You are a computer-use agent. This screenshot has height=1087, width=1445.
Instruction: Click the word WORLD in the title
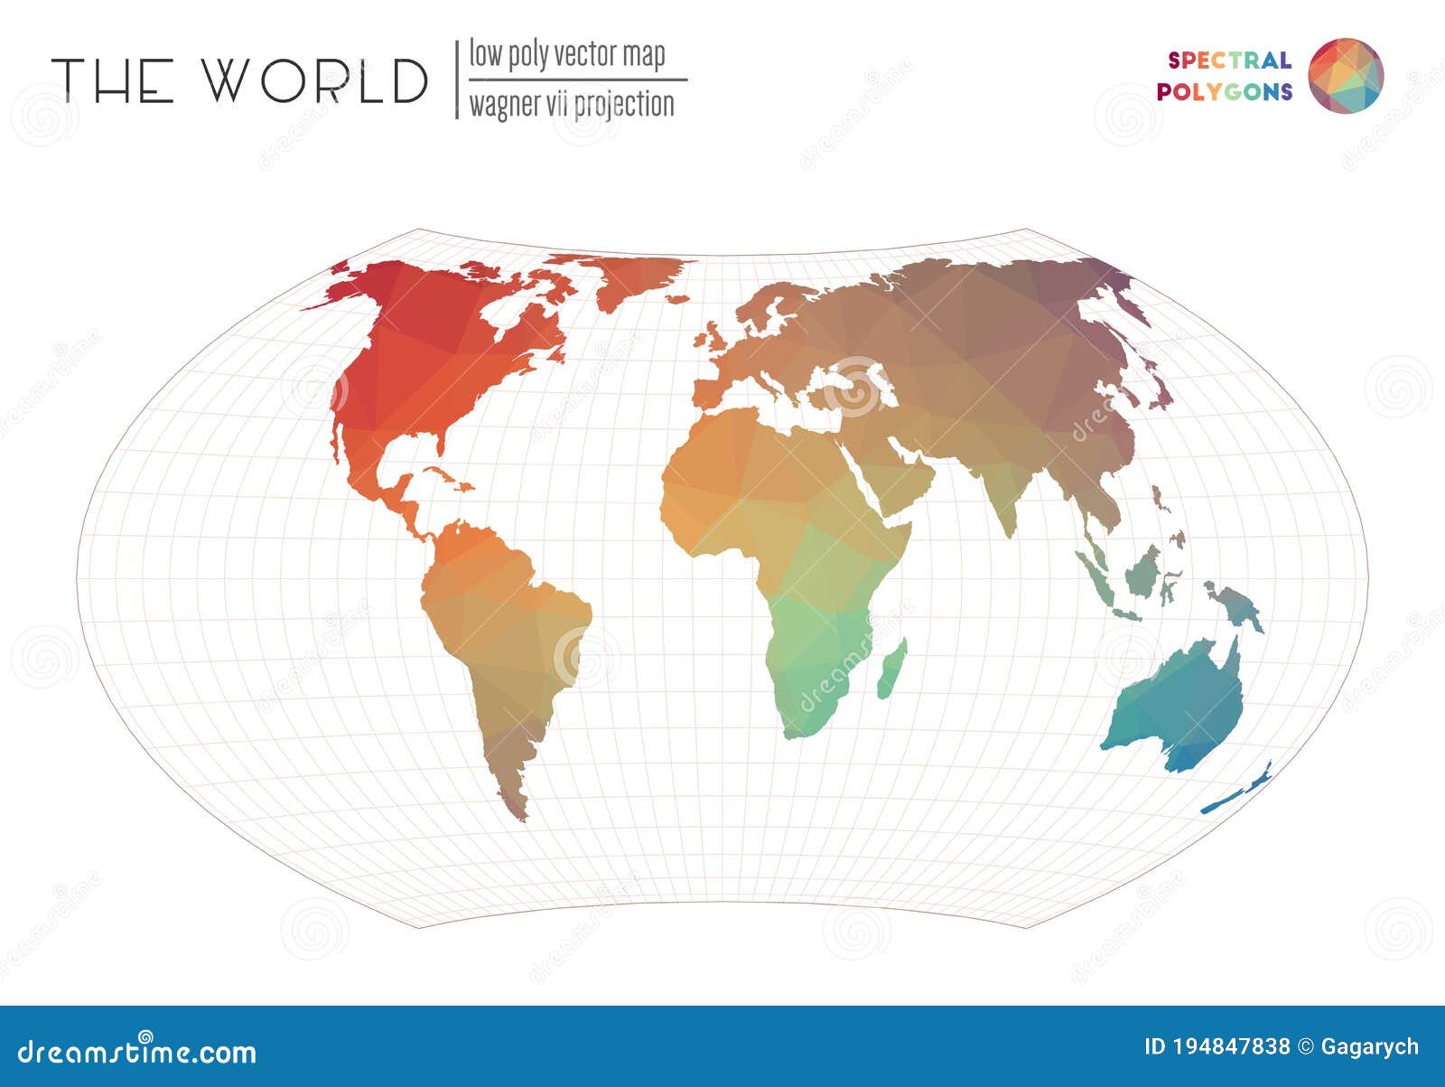pyautogui.click(x=313, y=80)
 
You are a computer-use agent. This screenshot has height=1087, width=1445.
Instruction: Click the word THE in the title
pyautogui.click(x=112, y=80)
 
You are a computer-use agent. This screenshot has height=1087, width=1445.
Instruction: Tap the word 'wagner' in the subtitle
pyautogui.click(x=502, y=105)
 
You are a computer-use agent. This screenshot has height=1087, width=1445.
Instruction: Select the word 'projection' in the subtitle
pyautogui.click(x=623, y=105)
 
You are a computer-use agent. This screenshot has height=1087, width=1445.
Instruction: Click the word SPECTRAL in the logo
pyautogui.click(x=1229, y=61)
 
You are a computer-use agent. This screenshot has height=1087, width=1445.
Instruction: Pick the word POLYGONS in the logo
pyautogui.click(x=1225, y=91)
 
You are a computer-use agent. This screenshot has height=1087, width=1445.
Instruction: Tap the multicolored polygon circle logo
pyautogui.click(x=1346, y=76)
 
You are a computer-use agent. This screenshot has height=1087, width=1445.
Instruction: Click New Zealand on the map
pyautogui.click(x=1237, y=791)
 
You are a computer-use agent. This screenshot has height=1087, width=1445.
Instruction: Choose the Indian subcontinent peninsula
pyautogui.click(x=1007, y=501)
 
